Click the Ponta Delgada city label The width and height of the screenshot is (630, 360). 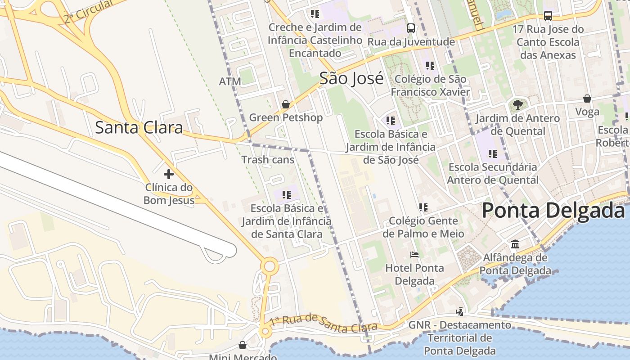click(x=553, y=211)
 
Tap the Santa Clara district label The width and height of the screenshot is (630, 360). click(x=139, y=128)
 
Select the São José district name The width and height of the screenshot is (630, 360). click(x=351, y=79)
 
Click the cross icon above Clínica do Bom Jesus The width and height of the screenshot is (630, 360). click(x=169, y=174)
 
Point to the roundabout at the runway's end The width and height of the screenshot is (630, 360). click(x=269, y=266)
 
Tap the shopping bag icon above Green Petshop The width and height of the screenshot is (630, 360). click(x=285, y=104)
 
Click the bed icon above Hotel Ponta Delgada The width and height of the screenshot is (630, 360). click(x=414, y=255)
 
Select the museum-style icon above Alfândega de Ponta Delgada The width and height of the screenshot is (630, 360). click(x=515, y=244)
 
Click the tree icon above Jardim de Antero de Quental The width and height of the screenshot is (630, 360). click(x=518, y=105)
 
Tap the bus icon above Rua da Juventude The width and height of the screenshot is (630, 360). click(x=410, y=28)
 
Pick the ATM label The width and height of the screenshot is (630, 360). click(x=230, y=82)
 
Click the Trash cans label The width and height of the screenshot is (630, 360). click(x=268, y=160)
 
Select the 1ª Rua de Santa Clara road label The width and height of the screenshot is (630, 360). click(x=323, y=324)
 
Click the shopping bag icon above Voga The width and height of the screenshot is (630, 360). click(x=587, y=98)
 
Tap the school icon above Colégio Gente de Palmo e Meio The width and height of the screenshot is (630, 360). click(x=423, y=207)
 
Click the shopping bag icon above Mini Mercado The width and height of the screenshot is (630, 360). click(x=243, y=345)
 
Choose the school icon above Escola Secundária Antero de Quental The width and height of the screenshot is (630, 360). click(x=493, y=154)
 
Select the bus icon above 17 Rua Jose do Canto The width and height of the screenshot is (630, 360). click(x=548, y=16)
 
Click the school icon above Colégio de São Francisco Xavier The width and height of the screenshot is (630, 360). click(x=430, y=66)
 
